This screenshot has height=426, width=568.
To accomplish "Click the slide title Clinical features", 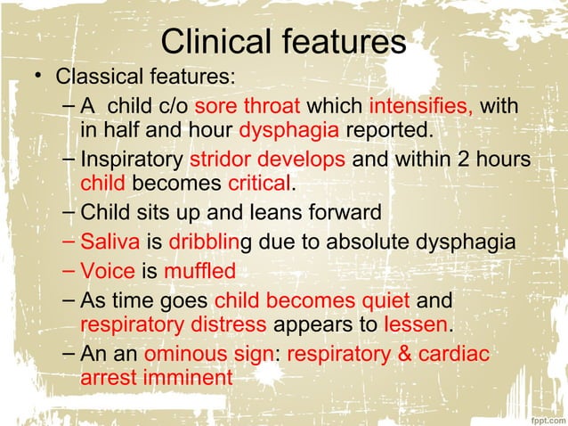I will (283, 41).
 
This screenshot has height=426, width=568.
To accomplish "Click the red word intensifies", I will (420, 107).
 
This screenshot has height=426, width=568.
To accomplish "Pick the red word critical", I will (259, 184).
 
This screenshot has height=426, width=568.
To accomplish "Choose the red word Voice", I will (108, 269).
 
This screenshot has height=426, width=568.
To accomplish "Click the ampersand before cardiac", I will (404, 353).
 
